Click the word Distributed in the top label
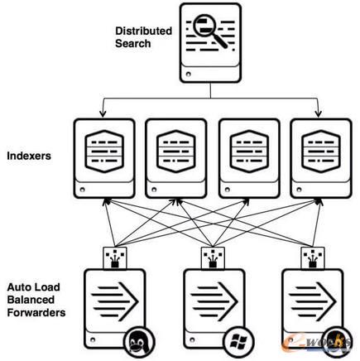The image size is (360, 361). coord(143,31)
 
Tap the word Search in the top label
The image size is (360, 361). coord(133,43)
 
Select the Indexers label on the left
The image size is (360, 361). coord(28,154)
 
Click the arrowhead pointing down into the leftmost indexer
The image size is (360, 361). coord(103,113)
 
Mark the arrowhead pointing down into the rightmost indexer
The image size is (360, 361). coord(319,113)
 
